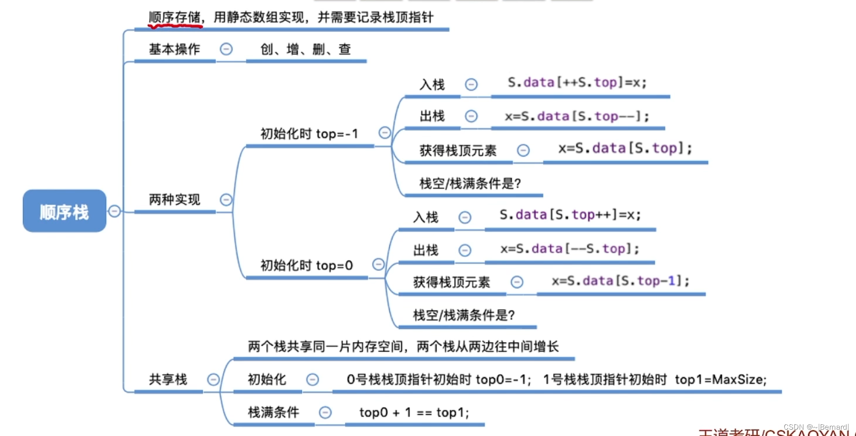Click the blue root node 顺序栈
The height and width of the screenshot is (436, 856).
coord(64,211)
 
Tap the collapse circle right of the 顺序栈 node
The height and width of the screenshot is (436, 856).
coord(114,211)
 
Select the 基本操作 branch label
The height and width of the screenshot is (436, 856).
coord(174,49)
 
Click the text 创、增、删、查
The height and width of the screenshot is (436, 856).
coord(306,49)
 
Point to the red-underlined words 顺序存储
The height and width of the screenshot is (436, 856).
coord(174,18)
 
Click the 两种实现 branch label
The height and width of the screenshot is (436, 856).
coord(174,199)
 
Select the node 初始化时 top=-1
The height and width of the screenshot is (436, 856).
coord(309,134)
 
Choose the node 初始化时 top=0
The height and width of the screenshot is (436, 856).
coord(306,265)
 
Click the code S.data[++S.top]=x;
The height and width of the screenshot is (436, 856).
coord(577,82)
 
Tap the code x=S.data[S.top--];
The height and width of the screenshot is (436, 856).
coord(577,117)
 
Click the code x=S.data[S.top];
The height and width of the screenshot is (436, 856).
coord(625,148)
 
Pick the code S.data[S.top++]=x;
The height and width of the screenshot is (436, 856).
coord(570,215)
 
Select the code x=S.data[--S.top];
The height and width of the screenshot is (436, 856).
coord(569,249)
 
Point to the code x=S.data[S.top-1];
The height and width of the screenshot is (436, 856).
coord(620,281)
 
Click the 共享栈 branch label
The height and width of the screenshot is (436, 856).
coord(168,379)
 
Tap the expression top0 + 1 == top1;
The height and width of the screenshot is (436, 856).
coord(414,413)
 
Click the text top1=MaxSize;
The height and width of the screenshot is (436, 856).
coord(721,379)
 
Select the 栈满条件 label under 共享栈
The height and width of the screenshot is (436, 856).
coord(273,413)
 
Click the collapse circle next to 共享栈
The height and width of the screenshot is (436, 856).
coord(213,379)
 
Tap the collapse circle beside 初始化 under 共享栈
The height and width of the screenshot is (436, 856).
coord(313,379)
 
